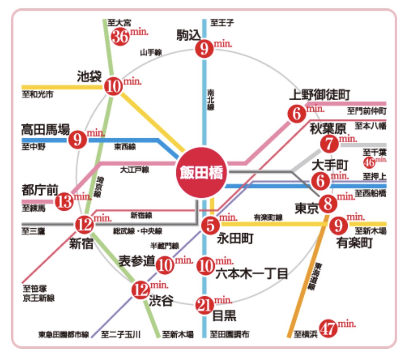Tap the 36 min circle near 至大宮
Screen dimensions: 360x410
120,37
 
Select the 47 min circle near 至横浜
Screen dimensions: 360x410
328,329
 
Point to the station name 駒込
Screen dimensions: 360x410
188,35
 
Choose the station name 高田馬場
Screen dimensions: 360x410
45,129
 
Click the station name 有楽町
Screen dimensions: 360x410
354,243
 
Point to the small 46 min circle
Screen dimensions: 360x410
369,162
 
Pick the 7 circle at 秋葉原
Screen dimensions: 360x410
329,144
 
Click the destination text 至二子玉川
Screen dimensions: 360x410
121,334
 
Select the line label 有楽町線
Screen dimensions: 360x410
268,218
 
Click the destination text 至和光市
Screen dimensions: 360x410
37,95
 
